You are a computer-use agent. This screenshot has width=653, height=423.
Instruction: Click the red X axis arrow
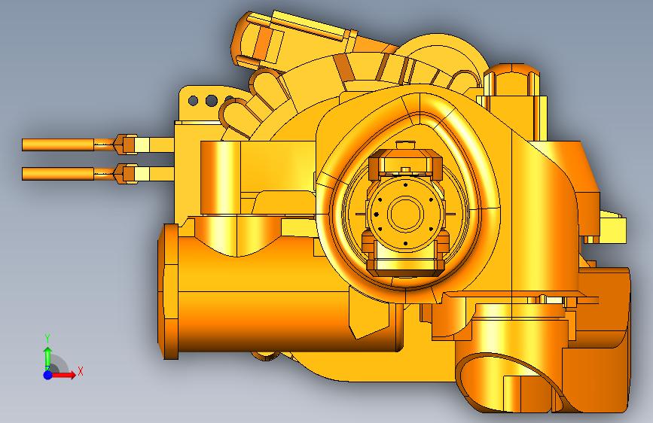coord(63,375)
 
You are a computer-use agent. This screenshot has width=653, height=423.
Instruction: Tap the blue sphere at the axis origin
coord(48,375)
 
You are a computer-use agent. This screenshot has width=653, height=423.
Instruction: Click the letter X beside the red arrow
coord(81,371)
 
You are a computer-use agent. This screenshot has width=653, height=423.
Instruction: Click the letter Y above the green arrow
coord(47,339)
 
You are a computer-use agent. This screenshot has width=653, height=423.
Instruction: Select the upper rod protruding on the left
coord(58,145)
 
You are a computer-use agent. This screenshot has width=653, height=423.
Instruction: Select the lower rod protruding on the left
coord(58,174)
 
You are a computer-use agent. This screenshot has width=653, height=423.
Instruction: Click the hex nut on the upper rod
coord(127,145)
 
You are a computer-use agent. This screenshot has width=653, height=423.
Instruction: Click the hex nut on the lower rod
coord(127,174)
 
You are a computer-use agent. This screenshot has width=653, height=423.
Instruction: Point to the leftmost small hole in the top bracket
coord(193,101)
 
